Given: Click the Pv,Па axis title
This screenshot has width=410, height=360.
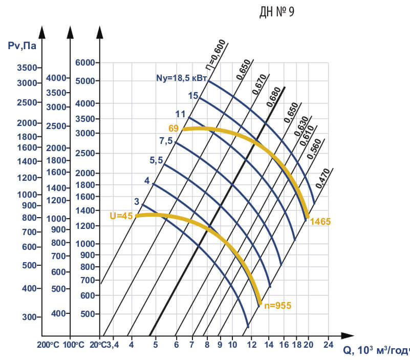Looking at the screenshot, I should (22, 46).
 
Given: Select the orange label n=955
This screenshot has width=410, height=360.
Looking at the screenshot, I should (277, 306).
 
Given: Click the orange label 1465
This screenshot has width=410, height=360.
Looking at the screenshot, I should (320, 222).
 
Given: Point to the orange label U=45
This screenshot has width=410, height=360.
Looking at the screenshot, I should (121, 216).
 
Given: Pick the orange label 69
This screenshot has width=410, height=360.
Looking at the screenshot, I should (172, 127).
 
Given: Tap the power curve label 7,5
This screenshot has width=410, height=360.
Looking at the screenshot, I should (166, 140).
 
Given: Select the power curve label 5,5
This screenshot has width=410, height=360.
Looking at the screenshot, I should (156, 160).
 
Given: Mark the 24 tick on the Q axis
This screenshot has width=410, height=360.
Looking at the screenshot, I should (328, 344).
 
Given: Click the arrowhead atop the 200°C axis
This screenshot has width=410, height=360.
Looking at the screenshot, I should (42, 32).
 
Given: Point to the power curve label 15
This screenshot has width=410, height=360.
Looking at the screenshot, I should (192, 95).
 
